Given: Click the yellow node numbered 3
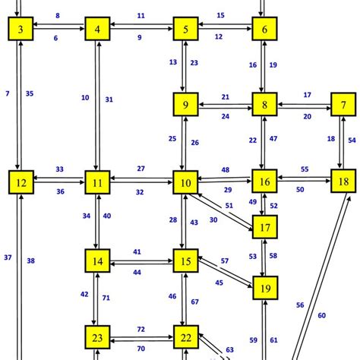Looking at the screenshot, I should tap(21, 30).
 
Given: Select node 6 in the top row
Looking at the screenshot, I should tap(264, 30).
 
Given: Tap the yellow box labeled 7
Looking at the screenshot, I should tap(344, 105).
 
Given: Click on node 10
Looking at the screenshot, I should tap(185, 182).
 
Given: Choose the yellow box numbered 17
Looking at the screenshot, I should tap(264, 227).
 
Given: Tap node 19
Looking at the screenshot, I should tap(264, 289).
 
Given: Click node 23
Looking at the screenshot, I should tap(96, 336).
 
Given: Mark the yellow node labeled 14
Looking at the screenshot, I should tap(98, 263).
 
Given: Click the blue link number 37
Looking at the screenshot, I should tap(8, 258).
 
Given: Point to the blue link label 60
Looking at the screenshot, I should tap(322, 314).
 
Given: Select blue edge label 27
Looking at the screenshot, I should tap(141, 168).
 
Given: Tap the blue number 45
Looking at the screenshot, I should tap(219, 283).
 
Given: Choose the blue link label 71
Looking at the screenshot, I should tap(106, 298).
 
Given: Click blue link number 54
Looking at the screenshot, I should tap(352, 140).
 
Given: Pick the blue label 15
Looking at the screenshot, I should tap(220, 15).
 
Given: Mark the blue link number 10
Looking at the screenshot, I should tap(85, 97).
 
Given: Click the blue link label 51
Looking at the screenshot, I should tap(229, 204).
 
